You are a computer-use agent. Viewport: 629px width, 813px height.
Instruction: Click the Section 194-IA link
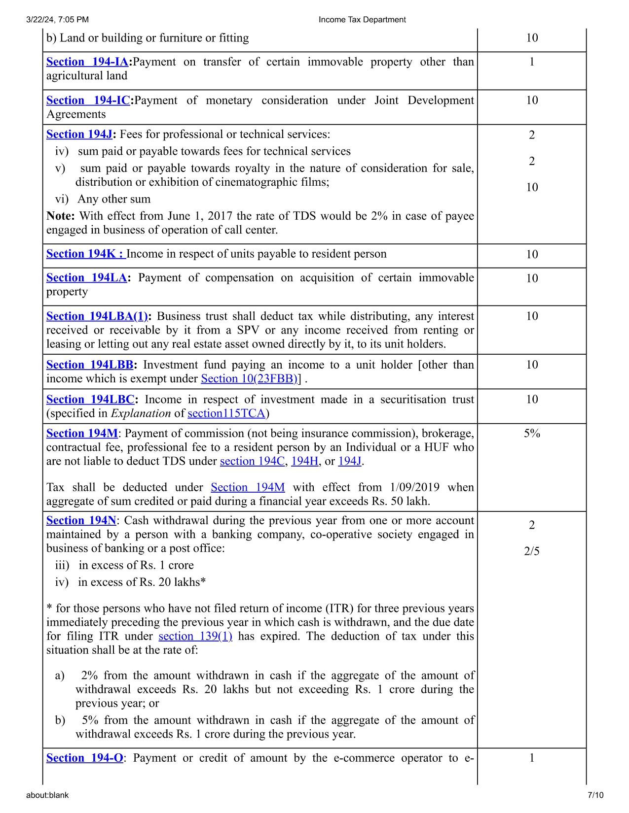[87, 62]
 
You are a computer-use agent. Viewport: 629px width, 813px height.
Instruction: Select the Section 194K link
[85, 254]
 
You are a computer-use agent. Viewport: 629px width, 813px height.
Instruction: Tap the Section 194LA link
[87, 278]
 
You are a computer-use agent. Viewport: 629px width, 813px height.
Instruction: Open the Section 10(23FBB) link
[249, 379]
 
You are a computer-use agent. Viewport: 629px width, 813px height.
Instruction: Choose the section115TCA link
[226, 413]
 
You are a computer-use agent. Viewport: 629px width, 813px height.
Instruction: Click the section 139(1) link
[195, 637]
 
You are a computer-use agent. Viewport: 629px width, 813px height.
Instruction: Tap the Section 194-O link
[85, 758]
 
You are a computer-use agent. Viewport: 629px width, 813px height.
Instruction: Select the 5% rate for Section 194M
[532, 434]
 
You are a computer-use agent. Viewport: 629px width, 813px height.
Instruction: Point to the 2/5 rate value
[532, 551]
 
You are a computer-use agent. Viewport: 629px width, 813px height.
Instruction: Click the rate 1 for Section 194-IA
[532, 62]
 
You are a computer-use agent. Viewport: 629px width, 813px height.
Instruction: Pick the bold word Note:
[61, 216]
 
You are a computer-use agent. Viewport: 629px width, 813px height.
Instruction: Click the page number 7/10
[595, 795]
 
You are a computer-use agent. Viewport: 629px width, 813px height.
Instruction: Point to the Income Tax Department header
[362, 20]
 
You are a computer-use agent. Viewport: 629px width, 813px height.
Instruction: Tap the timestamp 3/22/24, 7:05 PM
[57, 20]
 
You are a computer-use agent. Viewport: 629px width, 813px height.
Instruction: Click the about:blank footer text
[47, 795]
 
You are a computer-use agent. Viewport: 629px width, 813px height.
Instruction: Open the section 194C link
[252, 462]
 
